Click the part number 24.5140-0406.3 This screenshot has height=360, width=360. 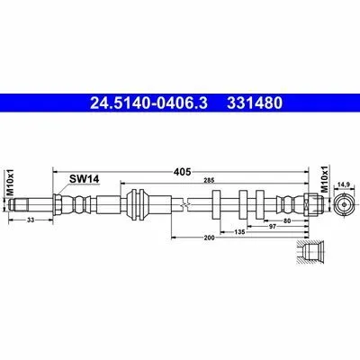tap(148, 103)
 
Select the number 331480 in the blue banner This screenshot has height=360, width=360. tap(255, 103)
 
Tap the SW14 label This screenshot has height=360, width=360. tap(84, 179)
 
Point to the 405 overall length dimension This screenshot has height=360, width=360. tap(182, 172)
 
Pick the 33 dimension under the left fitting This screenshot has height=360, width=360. tap(31, 220)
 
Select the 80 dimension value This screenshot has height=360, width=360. tap(287, 221)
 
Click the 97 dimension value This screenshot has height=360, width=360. tap(272, 227)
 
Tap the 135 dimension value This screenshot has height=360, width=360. tap(239, 232)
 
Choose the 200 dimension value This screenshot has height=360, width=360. tap(210, 238)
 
